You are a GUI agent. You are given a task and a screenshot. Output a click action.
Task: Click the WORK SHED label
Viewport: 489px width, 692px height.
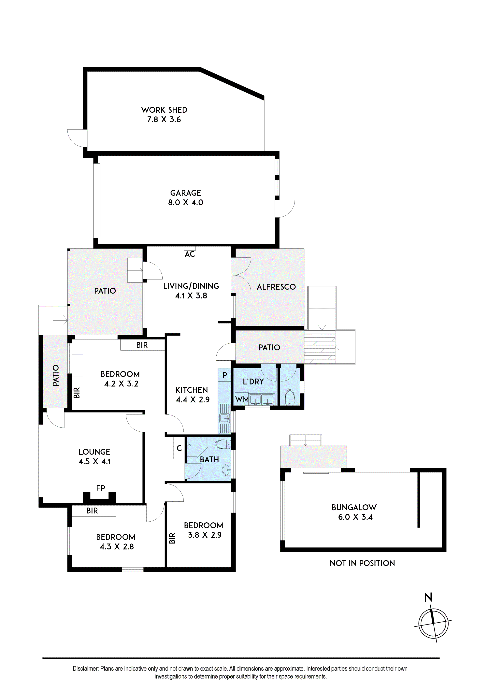[164, 110]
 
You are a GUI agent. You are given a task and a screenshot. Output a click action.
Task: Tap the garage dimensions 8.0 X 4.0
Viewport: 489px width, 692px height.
[186, 203]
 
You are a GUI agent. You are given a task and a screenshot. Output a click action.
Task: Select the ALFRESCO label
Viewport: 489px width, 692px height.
[276, 287]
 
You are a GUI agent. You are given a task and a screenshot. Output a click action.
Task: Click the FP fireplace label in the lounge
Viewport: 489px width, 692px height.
[101, 488]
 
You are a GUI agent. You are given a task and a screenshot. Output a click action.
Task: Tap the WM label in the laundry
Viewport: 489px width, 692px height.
[242, 399]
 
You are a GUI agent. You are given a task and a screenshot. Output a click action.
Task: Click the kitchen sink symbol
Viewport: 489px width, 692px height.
[224, 418]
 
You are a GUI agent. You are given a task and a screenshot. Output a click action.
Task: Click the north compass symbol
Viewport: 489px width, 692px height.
[433, 624]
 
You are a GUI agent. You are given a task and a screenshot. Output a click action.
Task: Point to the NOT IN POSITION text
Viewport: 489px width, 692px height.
[362, 563]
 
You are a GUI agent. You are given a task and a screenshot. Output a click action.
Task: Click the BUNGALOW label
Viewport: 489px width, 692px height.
[354, 508]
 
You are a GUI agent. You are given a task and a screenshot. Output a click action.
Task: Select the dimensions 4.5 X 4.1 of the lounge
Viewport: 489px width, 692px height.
[95, 461]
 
